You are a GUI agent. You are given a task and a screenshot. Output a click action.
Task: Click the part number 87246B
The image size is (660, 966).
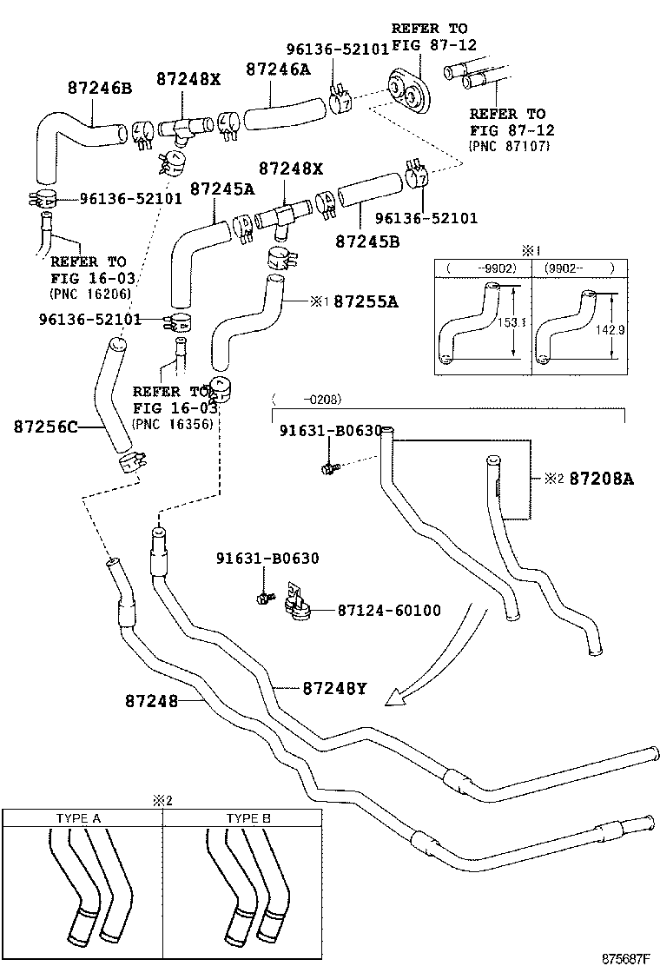[x=100, y=88]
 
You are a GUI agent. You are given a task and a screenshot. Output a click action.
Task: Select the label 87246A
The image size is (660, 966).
[x=278, y=69]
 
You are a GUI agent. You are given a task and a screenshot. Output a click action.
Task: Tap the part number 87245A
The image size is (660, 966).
[x=222, y=189]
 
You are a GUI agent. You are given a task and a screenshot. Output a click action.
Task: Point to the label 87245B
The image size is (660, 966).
[x=367, y=241]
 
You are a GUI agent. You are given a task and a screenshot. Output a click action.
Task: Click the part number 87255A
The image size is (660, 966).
[x=366, y=301]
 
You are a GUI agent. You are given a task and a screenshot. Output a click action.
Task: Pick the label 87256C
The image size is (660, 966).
[x=46, y=427]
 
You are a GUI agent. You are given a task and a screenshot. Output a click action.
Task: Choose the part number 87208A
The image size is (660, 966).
[x=602, y=479]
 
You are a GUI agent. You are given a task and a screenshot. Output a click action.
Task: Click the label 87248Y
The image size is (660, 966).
[x=335, y=688]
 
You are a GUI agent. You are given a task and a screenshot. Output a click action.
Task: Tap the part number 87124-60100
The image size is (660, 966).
[x=389, y=611]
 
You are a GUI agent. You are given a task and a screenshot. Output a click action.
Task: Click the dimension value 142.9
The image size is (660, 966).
[x=610, y=330]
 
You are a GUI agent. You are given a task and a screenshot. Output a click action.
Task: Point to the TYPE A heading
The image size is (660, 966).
[x=78, y=818]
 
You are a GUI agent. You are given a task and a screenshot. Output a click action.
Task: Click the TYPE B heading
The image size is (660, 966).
[x=248, y=818]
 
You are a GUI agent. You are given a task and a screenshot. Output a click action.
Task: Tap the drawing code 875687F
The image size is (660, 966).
[x=625, y=958]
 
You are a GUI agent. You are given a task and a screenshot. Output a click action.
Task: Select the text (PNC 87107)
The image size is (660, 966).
[x=509, y=147]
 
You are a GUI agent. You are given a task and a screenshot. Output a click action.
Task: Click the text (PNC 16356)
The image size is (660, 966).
[x=173, y=425]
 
